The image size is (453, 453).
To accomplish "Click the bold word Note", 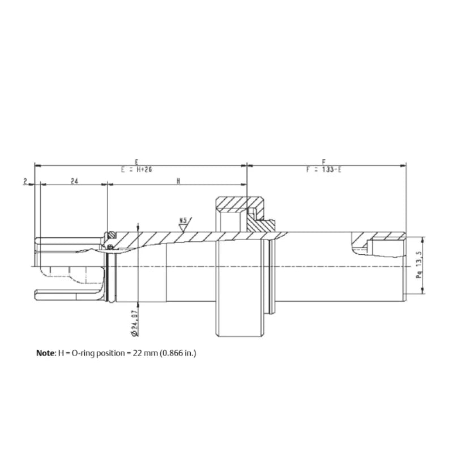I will coord(45,352).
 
